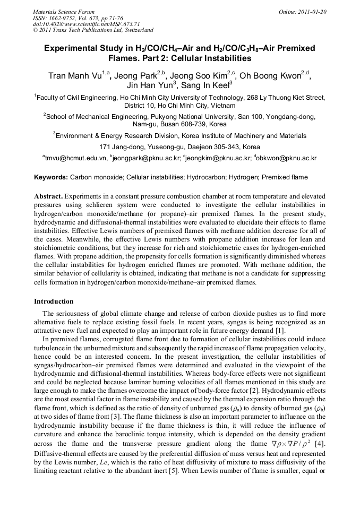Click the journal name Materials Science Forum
(64, 11)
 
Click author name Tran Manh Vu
(75, 76)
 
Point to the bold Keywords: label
(51, 177)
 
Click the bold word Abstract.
(48, 196)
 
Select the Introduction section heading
(54, 301)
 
